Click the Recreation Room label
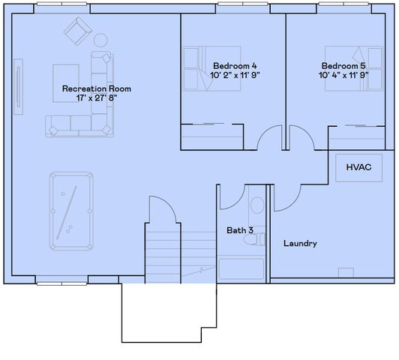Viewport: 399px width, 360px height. pyautogui.click(x=91, y=88)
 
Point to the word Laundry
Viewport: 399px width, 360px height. pyautogui.click(x=300, y=244)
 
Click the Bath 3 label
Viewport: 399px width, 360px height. pyautogui.click(x=240, y=230)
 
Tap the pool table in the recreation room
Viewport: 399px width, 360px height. pyautogui.click(x=71, y=211)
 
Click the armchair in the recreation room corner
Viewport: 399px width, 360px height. pyautogui.click(x=76, y=31)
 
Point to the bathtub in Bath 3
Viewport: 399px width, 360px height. pyautogui.click(x=241, y=270)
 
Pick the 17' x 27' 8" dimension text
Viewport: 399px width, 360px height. pyautogui.click(x=91, y=98)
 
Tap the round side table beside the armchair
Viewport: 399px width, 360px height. pyautogui.click(x=100, y=40)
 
